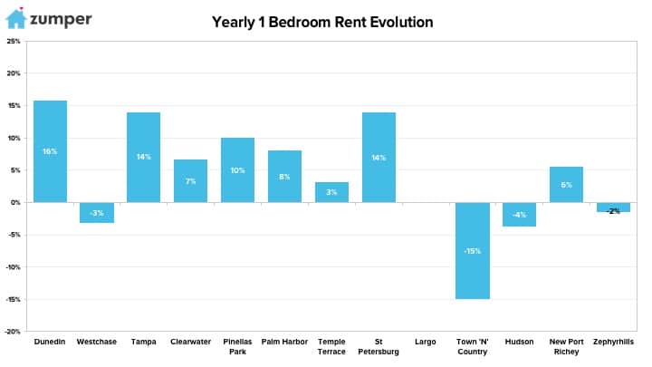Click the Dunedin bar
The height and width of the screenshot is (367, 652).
(50, 151)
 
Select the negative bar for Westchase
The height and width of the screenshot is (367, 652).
(97, 213)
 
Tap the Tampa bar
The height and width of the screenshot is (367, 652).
(143, 158)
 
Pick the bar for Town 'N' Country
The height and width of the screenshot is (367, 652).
(473, 250)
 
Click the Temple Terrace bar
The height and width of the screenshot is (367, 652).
(331, 192)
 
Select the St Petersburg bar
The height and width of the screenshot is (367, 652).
(379, 158)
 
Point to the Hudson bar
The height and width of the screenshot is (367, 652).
(520, 214)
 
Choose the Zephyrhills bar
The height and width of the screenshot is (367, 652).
(613, 208)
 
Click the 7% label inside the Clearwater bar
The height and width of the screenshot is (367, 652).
(190, 181)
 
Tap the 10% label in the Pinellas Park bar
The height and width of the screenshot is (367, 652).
(237, 170)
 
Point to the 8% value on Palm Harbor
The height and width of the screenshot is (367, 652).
(284, 177)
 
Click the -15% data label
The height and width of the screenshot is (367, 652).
(473, 251)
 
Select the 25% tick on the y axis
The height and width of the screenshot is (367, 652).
(14, 41)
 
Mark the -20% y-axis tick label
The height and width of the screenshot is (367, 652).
(13, 332)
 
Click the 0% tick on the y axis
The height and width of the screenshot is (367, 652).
(15, 203)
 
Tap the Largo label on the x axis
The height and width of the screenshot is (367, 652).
(426, 342)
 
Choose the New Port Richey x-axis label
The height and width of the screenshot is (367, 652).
(566, 346)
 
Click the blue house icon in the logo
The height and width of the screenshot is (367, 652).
(16, 18)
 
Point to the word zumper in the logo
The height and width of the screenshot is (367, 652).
(61, 20)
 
